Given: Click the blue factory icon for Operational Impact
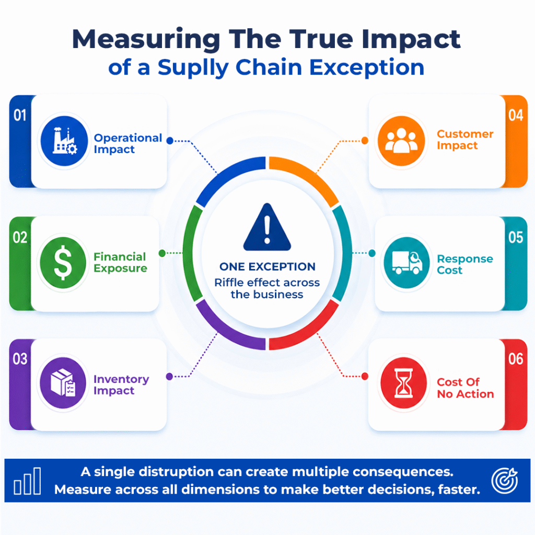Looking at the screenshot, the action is pyautogui.click(x=64, y=141).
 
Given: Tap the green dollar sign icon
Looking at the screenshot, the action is pyautogui.click(x=63, y=262).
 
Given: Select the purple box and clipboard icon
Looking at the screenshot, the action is pyautogui.click(x=63, y=382).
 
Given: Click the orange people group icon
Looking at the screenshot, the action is pyautogui.click(x=401, y=141).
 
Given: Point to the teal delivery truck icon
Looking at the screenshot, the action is pyautogui.click(x=406, y=262).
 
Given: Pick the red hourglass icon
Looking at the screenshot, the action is pyautogui.click(x=404, y=382).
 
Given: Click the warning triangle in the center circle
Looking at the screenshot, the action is pyautogui.click(x=267, y=227).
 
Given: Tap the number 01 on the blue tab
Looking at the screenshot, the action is pyautogui.click(x=20, y=115).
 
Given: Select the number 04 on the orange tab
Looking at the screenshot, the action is pyautogui.click(x=516, y=115).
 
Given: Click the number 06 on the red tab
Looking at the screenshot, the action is pyautogui.click(x=516, y=359).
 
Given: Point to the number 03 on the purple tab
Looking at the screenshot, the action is pyautogui.click(x=20, y=359).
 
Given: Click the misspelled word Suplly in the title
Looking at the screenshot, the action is pyautogui.click(x=193, y=67).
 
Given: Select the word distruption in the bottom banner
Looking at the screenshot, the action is pyautogui.click(x=177, y=472).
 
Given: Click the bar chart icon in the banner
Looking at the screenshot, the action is pyautogui.click(x=27, y=481).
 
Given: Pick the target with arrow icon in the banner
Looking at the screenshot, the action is pyautogui.click(x=505, y=481).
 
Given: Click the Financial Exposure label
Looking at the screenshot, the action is pyautogui.click(x=120, y=262).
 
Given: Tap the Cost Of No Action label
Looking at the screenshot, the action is pyautogui.click(x=466, y=388).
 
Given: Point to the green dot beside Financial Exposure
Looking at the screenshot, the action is pyautogui.click(x=162, y=253).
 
